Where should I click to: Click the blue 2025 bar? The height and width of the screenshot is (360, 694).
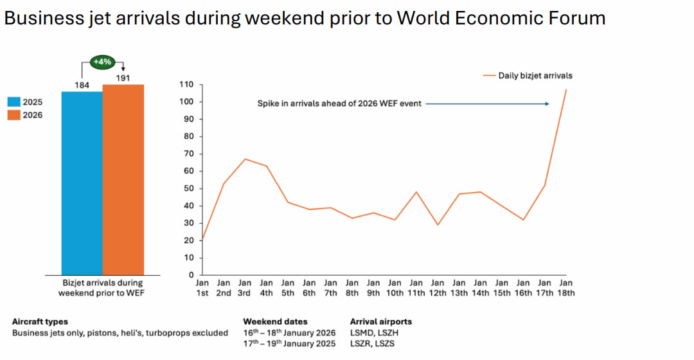point(82,183)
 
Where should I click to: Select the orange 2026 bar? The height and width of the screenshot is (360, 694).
point(123,180)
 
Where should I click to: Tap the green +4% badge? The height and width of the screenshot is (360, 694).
point(103,62)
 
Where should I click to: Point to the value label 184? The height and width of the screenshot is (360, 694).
point(82,85)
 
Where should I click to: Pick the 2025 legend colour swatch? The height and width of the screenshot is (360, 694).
point(13,102)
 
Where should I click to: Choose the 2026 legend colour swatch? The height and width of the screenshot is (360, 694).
point(13,115)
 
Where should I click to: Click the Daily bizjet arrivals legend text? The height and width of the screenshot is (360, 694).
point(535,75)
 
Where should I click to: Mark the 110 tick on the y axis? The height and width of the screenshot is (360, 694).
point(187,84)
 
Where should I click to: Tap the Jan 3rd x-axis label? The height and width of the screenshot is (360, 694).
point(245,287)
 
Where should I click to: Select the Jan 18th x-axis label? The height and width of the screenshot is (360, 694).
point(566,287)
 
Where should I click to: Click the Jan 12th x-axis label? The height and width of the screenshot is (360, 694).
point(438,287)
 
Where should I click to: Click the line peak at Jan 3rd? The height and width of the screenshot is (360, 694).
point(245,159)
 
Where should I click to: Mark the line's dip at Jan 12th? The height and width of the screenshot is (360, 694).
point(438,224)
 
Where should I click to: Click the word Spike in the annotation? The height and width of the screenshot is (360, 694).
point(269,104)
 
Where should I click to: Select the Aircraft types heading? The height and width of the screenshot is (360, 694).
point(40,321)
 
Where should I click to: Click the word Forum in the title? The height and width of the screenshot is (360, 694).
point(576,18)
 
